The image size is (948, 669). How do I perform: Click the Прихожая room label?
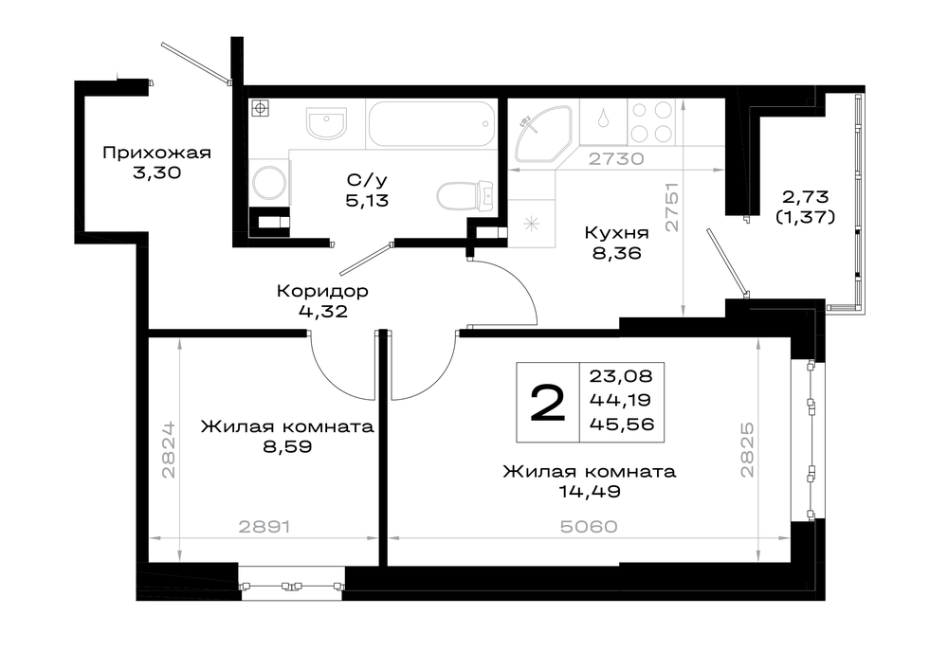click(156, 153)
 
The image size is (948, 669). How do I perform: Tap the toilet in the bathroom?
click(465, 195)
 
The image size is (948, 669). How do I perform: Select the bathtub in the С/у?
click(431, 124)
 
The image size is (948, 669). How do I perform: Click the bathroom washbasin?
click(326, 123)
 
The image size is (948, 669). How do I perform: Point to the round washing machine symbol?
click(269, 183)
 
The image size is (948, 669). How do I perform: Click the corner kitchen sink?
click(542, 135)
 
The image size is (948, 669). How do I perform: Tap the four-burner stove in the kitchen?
click(652, 121)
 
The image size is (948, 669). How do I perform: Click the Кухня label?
click(617, 233)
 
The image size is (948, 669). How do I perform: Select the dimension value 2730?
click(616, 159)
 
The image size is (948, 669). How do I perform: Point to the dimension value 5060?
click(589, 527)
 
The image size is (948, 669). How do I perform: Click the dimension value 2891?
click(264, 527)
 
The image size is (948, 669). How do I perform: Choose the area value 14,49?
click(590, 492)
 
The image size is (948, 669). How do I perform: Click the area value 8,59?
click(287, 447)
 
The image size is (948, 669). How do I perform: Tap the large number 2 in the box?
click(548, 403)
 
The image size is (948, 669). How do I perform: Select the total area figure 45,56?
click(622, 425)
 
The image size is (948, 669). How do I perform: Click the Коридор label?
click(322, 291)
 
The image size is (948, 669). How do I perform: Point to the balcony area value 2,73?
click(805, 196)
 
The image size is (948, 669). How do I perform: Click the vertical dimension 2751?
click(672, 208)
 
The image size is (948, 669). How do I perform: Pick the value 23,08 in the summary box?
click(622, 376)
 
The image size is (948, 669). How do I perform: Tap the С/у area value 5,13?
click(367, 201)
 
